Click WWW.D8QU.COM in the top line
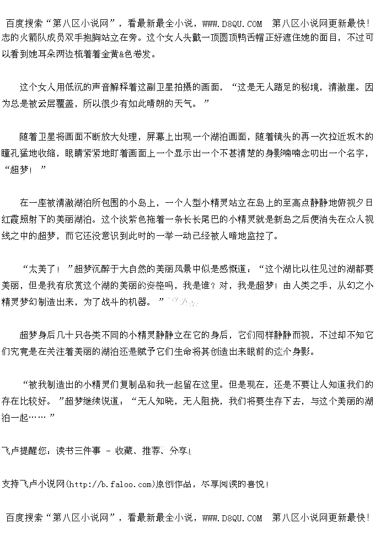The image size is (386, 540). coord(232,24)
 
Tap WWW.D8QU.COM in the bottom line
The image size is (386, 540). coord(232,518)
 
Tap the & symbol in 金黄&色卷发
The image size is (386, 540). coord(120,54)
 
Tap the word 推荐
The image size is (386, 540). coord(151,451)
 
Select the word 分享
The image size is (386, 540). coord(178,451)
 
